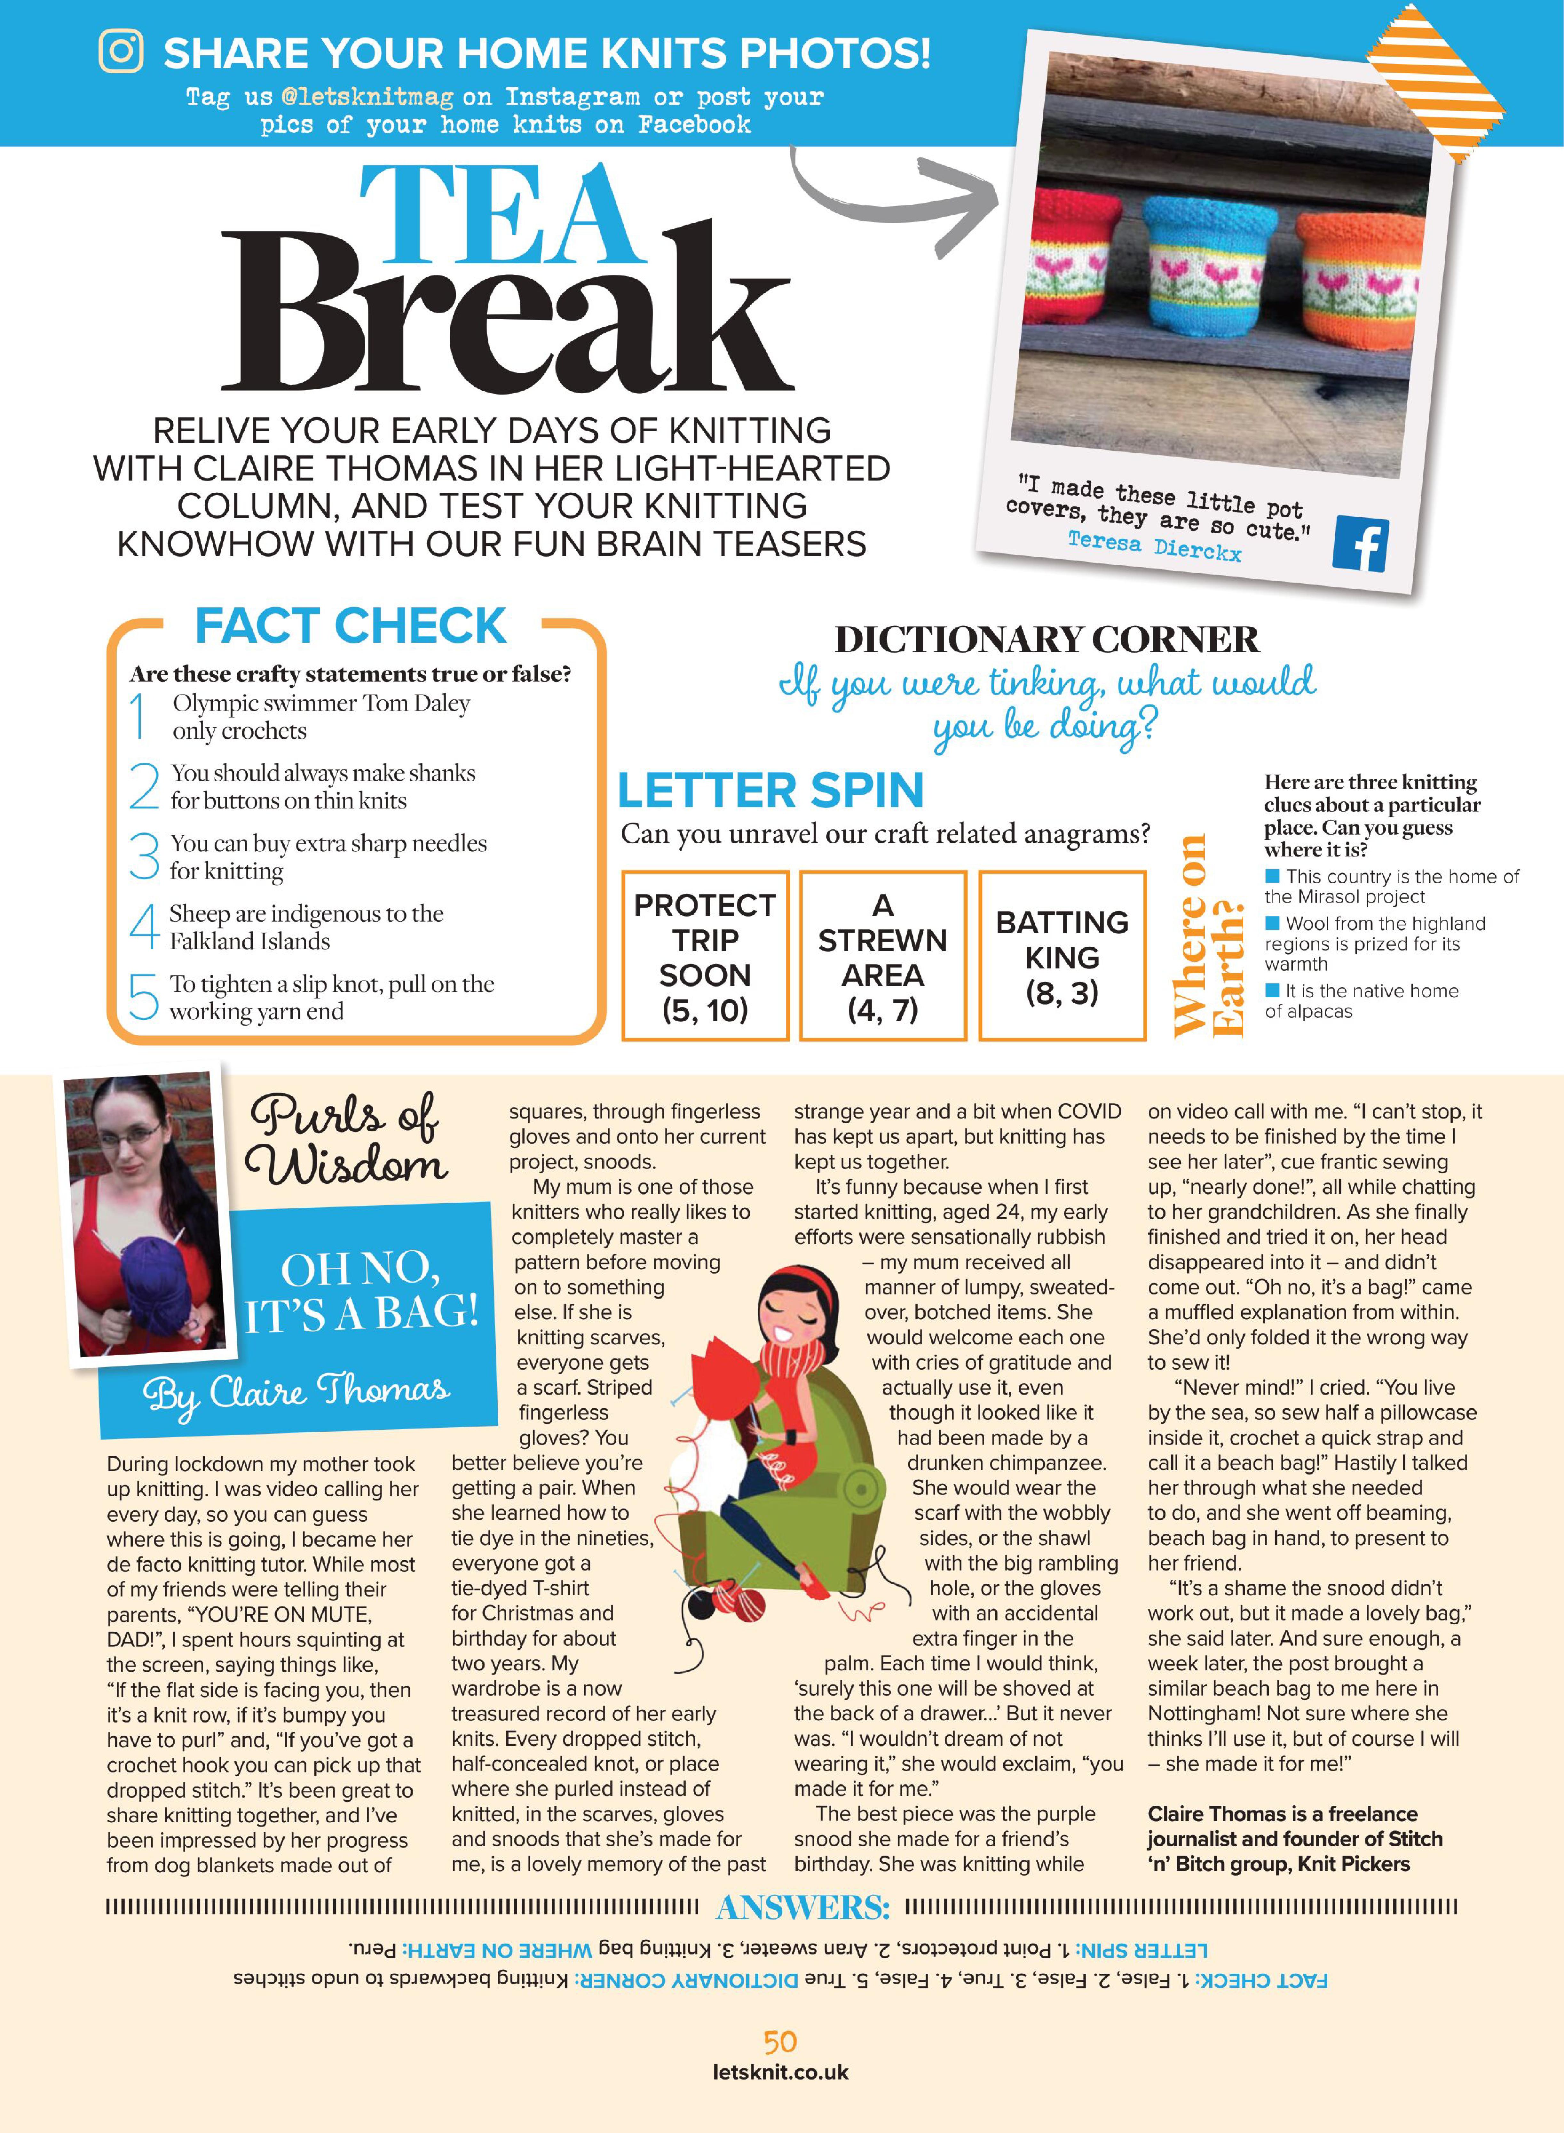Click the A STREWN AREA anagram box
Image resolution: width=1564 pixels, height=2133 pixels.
coord(882,956)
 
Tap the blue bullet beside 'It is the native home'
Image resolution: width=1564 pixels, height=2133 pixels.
coord(1272,990)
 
